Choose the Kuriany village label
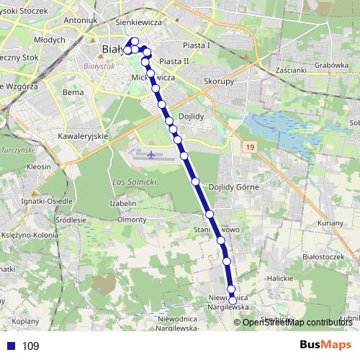coord(330,224)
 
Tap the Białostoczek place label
coord(303,256)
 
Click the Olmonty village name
coord(132,219)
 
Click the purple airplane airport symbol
coord(151,153)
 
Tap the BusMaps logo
coord(325,345)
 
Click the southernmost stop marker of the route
coord(232,300)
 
